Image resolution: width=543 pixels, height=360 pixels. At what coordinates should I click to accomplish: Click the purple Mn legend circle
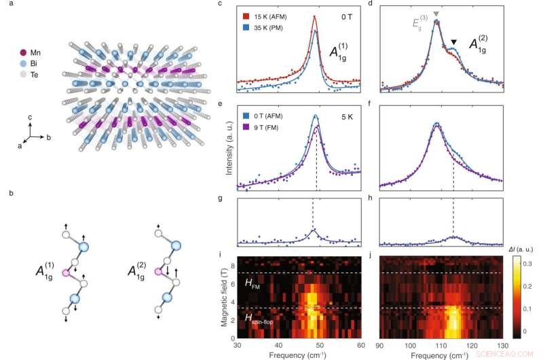(x=24, y=52)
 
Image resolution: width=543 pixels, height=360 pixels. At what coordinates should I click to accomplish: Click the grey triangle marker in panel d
(x=436, y=14)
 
